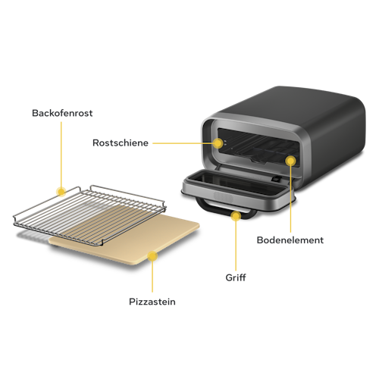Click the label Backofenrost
62,114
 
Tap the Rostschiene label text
120,142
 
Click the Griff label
236,277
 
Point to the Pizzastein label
152,302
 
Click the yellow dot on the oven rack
61,191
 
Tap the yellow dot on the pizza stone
152,256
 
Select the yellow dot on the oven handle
236,217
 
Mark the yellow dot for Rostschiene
218,142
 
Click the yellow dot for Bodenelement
290,161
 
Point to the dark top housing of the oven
303,114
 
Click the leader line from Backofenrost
61,152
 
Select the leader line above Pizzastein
152,277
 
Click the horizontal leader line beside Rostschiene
182,142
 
